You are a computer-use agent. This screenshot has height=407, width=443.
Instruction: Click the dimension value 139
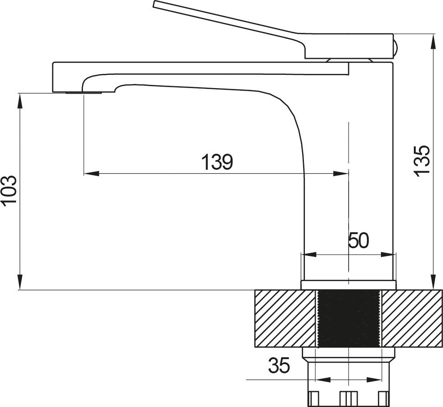click(217, 162)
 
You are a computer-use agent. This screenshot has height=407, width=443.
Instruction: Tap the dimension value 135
click(422, 161)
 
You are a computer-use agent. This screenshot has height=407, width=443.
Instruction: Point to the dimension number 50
click(359, 240)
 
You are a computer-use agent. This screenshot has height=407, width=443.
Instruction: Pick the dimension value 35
click(279, 365)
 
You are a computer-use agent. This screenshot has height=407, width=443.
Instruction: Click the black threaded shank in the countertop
click(348, 318)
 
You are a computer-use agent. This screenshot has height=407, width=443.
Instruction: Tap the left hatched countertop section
click(285, 318)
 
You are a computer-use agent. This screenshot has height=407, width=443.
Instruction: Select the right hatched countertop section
click(412, 318)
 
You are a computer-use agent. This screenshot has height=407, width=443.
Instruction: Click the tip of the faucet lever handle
click(154, 4)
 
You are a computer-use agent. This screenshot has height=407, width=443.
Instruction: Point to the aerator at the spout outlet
click(83, 93)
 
